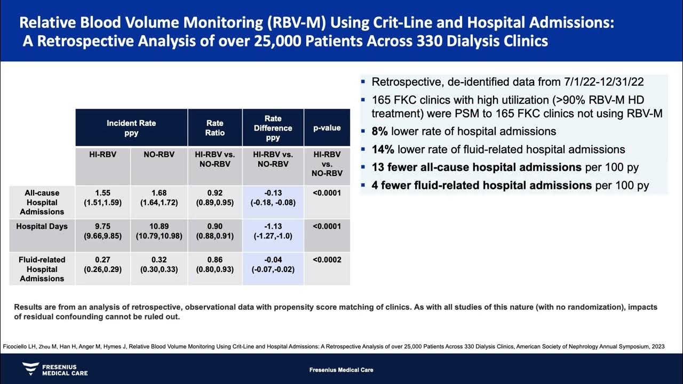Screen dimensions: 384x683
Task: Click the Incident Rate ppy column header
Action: [x=131, y=127]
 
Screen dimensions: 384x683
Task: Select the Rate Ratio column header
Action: [x=215, y=128]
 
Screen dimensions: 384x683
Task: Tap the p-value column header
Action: [x=327, y=128]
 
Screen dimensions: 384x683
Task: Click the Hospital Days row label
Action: [x=42, y=227]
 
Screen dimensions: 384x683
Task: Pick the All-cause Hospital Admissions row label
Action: [x=42, y=202]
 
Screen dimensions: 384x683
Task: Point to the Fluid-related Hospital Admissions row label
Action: [x=42, y=269]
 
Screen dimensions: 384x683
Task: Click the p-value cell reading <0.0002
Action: [x=327, y=260]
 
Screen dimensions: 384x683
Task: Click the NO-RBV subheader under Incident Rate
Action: [x=159, y=154]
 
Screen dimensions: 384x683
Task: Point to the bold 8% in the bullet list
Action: [x=380, y=131]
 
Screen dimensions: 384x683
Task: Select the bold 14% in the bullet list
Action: [x=383, y=150]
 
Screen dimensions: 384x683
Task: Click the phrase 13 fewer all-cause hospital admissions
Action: [x=476, y=167]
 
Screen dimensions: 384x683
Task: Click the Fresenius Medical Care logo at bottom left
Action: [x=55, y=369]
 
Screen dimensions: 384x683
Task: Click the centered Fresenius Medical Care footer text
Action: [x=341, y=370]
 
